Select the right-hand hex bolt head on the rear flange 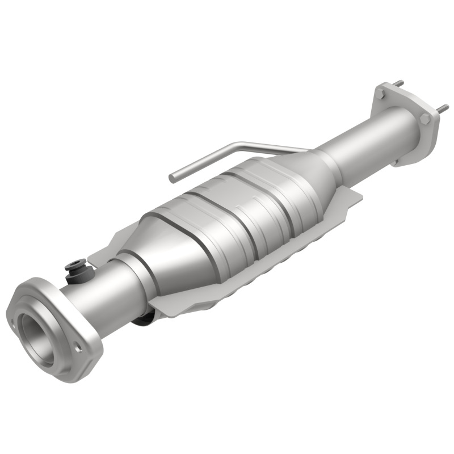(424, 118)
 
